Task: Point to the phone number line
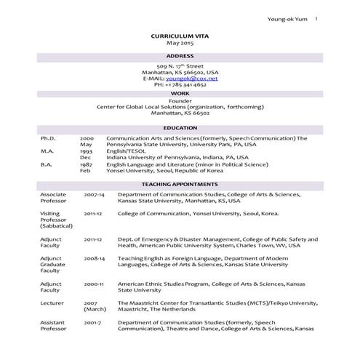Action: [x=180, y=85]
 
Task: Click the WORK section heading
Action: [x=180, y=94]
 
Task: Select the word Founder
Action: [x=180, y=101]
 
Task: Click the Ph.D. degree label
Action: [x=48, y=138]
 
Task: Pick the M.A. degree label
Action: [x=47, y=151]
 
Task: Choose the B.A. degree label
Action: [x=47, y=165]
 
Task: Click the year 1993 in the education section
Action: [x=87, y=151]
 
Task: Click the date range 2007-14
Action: [x=94, y=196]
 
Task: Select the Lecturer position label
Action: [x=52, y=302]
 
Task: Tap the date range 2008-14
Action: [x=94, y=257]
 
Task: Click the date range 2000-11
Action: [x=94, y=284]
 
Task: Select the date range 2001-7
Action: [x=92, y=321]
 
